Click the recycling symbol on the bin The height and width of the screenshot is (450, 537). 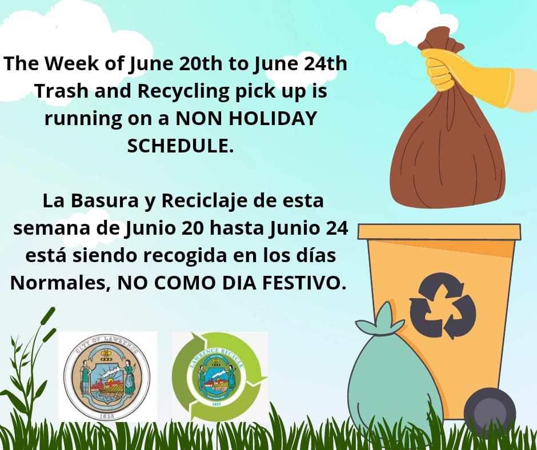click(x=442, y=306)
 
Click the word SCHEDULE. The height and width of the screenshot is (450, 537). click(x=180, y=145)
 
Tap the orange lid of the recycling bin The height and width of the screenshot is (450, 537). click(x=439, y=231)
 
